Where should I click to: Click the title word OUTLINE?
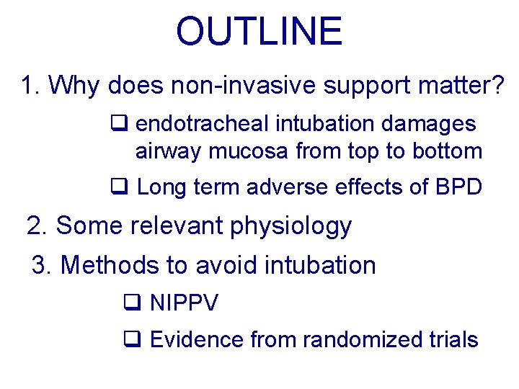pyautogui.click(x=259, y=32)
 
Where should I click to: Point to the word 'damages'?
pyautogui.click(x=435, y=124)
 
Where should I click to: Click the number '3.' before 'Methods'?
pyautogui.click(x=43, y=265)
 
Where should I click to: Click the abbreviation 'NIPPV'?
pyautogui.click(x=184, y=303)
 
